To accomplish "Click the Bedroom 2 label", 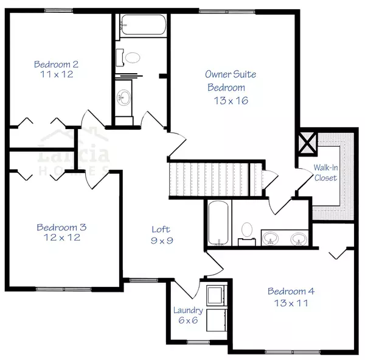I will [x=57, y=64].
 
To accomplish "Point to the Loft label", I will [x=161, y=229].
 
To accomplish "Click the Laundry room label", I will [x=187, y=310].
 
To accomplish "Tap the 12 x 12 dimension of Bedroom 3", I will [x=61, y=238].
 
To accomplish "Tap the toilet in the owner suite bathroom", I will [x=246, y=231].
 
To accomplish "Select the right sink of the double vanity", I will [x=298, y=237].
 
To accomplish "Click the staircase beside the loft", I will [x=213, y=178].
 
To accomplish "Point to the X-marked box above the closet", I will [x=307, y=144].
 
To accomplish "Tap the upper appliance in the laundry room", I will [x=215, y=295].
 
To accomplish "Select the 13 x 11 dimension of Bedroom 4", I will [x=290, y=302].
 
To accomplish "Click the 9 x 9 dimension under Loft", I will [x=161, y=241].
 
